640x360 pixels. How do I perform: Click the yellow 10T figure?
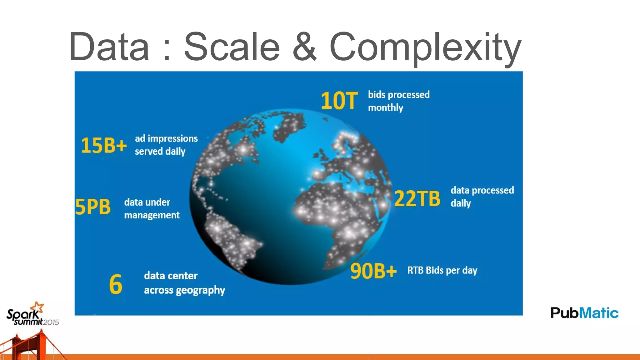pos(339,101)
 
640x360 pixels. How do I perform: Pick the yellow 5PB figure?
pos(93,207)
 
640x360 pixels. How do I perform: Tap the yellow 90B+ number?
pos(373,271)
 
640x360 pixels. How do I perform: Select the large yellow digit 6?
pos(116,284)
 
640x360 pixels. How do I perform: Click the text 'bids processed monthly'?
pos(398,101)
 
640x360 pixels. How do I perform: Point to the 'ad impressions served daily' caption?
pos(166,145)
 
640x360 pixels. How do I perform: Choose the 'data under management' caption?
pos(152,208)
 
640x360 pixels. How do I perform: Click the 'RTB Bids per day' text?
pos(442,270)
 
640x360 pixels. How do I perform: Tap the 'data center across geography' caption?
pos(184,283)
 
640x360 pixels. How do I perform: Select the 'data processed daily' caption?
pos(482,197)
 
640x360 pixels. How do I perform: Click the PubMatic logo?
pos(584,313)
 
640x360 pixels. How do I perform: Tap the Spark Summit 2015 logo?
pos(31,316)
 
